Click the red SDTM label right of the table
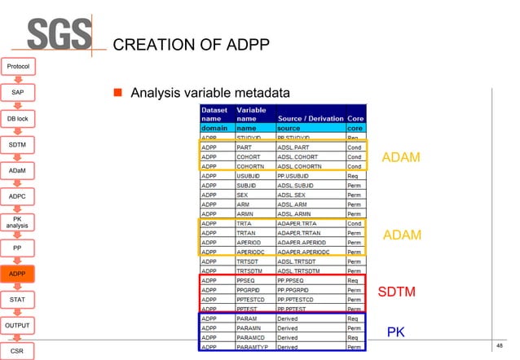(397, 292)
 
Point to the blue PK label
(396, 333)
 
